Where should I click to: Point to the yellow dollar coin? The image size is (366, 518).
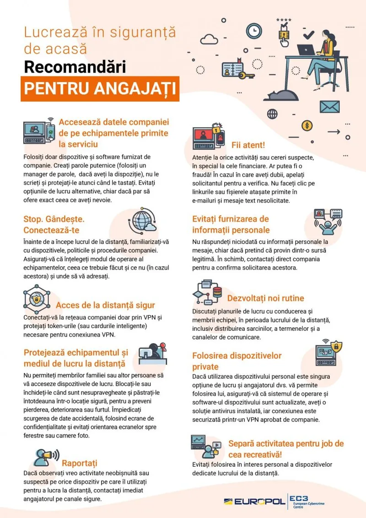click(307, 125)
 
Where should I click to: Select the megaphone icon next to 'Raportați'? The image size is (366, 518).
click(46, 455)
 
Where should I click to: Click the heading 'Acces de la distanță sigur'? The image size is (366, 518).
click(105, 305)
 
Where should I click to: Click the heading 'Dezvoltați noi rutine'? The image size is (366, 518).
click(265, 298)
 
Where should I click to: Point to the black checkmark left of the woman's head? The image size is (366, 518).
click(309, 34)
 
